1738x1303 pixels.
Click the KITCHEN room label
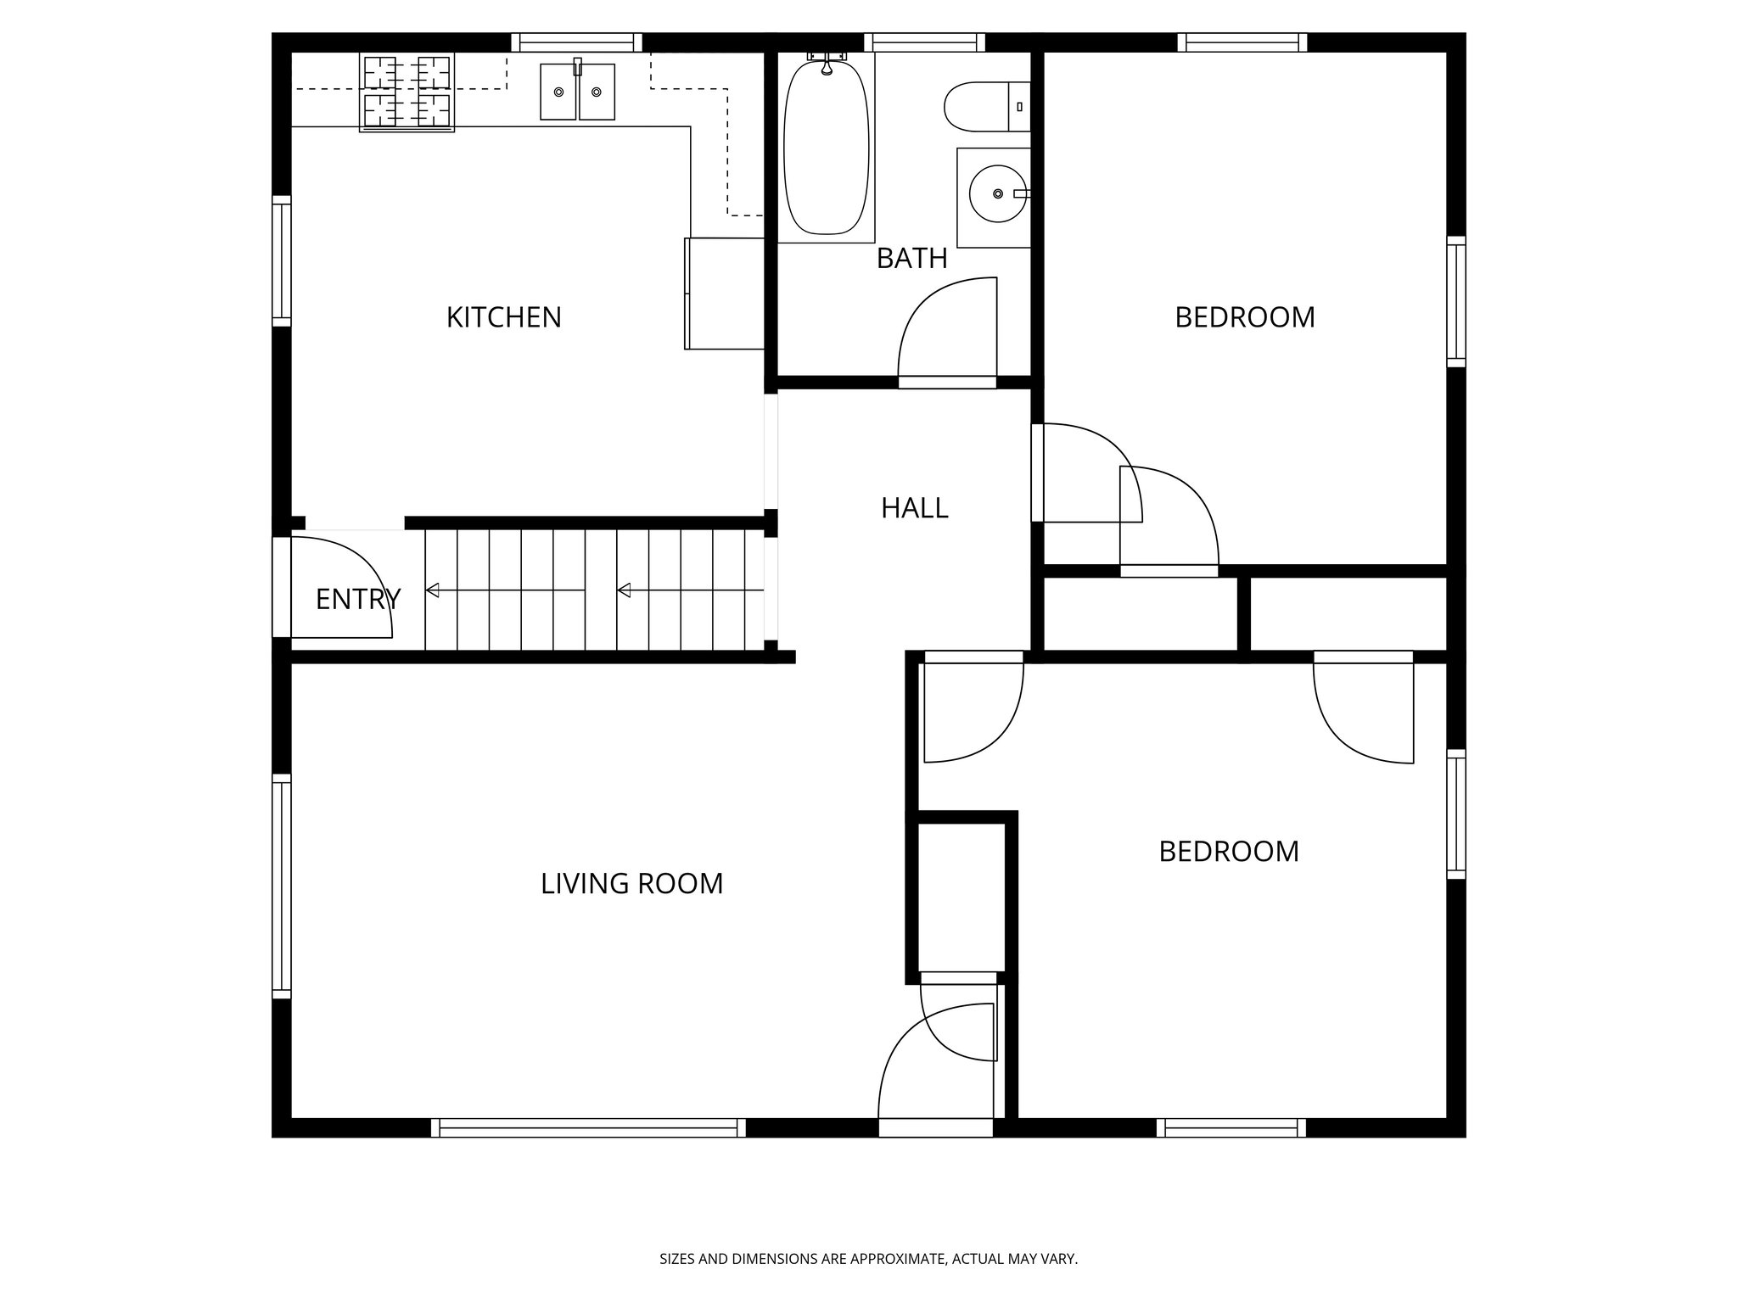[x=503, y=317]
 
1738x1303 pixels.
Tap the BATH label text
[x=911, y=258]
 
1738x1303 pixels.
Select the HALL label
[x=914, y=508]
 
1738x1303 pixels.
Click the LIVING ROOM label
[x=631, y=884]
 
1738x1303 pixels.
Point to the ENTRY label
[x=357, y=600]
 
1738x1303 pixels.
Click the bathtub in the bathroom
[x=826, y=148]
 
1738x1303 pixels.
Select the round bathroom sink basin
[x=996, y=194]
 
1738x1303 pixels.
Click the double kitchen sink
[x=577, y=92]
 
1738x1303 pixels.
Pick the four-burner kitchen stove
[x=406, y=92]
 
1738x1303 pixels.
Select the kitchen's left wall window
[x=281, y=260]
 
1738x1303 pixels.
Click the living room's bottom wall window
[x=588, y=1127]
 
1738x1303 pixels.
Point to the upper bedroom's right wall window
[x=1455, y=302]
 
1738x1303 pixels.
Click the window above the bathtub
[x=924, y=42]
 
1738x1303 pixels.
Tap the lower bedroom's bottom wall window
[x=1231, y=1127]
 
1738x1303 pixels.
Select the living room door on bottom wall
[x=935, y=1127]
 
